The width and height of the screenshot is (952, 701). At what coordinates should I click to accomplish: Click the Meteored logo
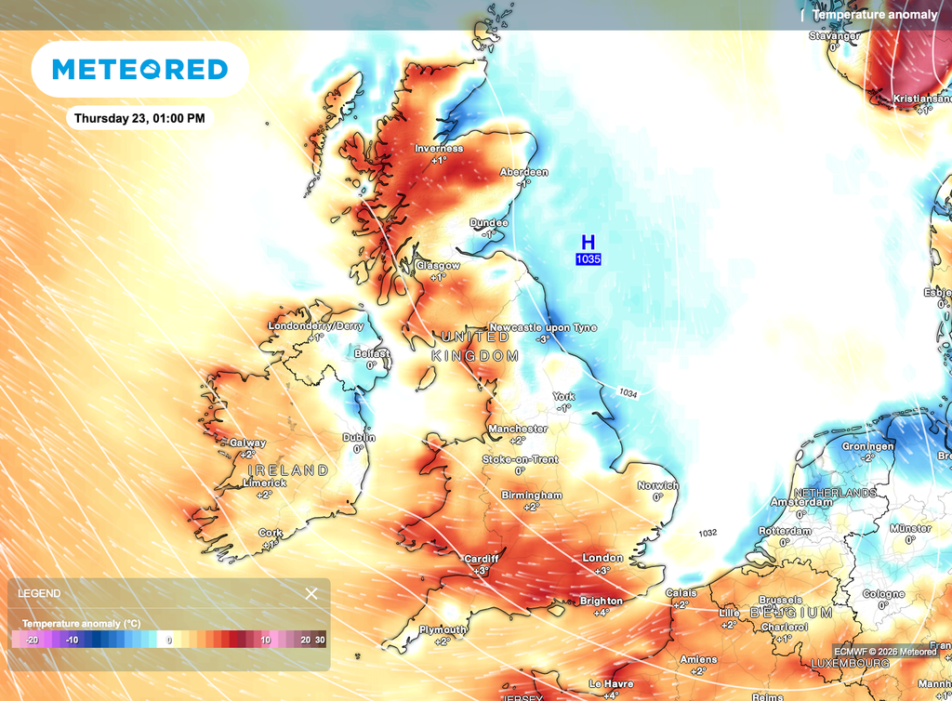[139, 69]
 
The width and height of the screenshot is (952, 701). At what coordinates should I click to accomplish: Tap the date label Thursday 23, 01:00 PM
[139, 118]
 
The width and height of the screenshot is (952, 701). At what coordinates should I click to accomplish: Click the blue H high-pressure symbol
[588, 243]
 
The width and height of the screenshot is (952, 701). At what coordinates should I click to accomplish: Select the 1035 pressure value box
[588, 259]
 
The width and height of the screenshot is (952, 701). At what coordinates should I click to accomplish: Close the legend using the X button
[311, 593]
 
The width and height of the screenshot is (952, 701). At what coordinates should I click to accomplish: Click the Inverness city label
[439, 149]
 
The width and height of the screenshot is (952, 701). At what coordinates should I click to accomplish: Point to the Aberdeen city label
[524, 172]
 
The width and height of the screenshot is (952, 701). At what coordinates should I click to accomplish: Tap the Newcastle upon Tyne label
[543, 327]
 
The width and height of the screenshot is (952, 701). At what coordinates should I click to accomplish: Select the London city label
[602, 558]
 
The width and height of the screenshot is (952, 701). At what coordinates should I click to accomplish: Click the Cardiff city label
[482, 559]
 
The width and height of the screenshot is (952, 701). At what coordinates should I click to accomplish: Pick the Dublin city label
[359, 437]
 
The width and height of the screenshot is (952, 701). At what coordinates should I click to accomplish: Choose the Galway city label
[248, 443]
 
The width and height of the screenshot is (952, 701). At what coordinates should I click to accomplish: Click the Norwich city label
[657, 485]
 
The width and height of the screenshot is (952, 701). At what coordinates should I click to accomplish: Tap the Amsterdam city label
[800, 502]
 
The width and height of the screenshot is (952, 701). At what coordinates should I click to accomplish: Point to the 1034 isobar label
[628, 394]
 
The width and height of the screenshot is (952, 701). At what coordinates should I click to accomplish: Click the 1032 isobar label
[708, 533]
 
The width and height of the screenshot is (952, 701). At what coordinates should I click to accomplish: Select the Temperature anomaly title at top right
[875, 15]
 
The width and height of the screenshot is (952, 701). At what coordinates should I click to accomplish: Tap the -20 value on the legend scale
[32, 640]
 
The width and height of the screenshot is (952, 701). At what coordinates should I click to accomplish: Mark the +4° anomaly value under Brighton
[602, 613]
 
